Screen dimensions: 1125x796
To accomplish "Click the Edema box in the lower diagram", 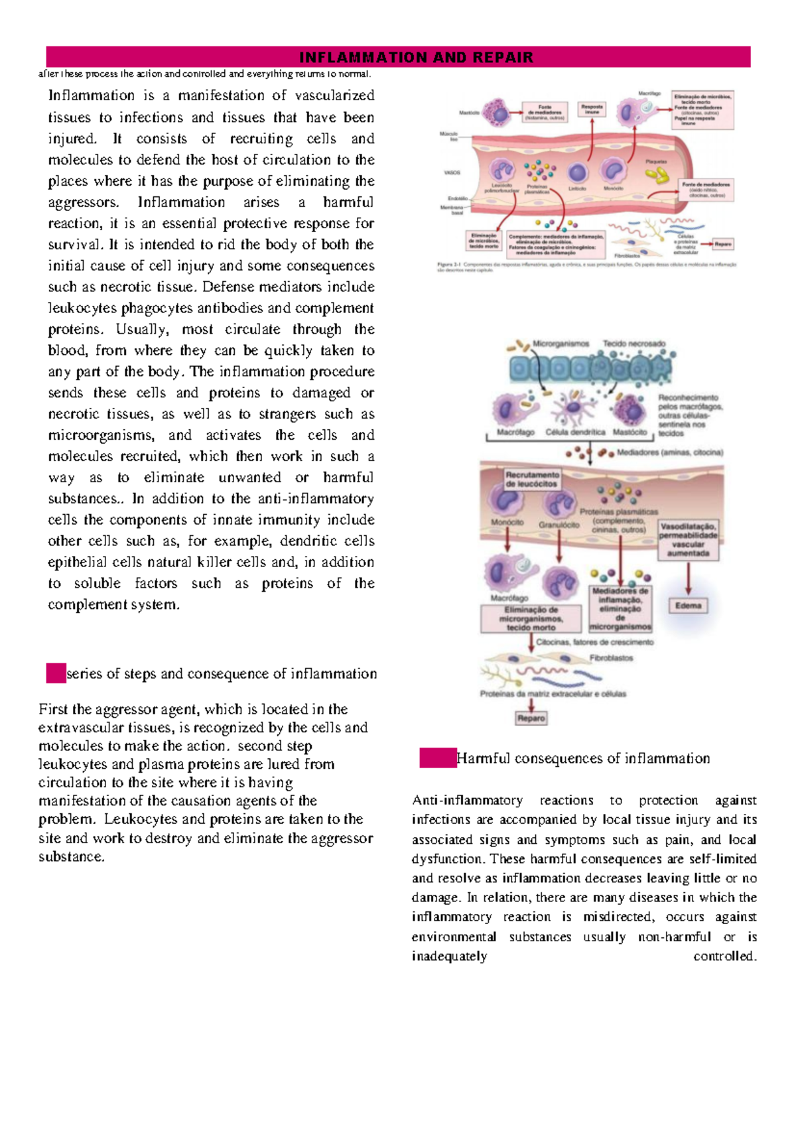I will pyautogui.click(x=688, y=605).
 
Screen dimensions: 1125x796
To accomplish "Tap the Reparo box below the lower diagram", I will pyautogui.click(x=531, y=718).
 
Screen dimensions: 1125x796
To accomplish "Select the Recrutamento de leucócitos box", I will pyautogui.click(x=532, y=479).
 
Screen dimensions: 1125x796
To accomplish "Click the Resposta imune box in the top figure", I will pyautogui.click(x=592, y=109).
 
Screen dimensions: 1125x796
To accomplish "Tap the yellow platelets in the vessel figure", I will pyautogui.click(x=657, y=175).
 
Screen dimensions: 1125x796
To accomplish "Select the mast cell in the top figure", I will pyautogui.click(x=496, y=113).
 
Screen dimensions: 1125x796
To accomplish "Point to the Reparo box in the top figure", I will pyautogui.click(x=722, y=244).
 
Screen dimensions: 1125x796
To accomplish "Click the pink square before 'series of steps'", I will pyautogui.click(x=56, y=673).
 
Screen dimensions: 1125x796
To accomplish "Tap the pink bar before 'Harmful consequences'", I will pyautogui.click(x=438, y=758).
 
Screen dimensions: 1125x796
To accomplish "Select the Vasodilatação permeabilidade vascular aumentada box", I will pyautogui.click(x=688, y=539).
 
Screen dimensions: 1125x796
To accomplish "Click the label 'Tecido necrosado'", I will pyautogui.click(x=633, y=344).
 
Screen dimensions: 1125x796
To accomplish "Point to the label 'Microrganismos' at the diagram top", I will pyautogui.click(x=561, y=344).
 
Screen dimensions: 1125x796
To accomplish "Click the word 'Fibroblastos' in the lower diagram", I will pyautogui.click(x=611, y=658).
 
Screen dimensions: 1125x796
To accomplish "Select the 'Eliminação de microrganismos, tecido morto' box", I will pyautogui.click(x=531, y=618).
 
